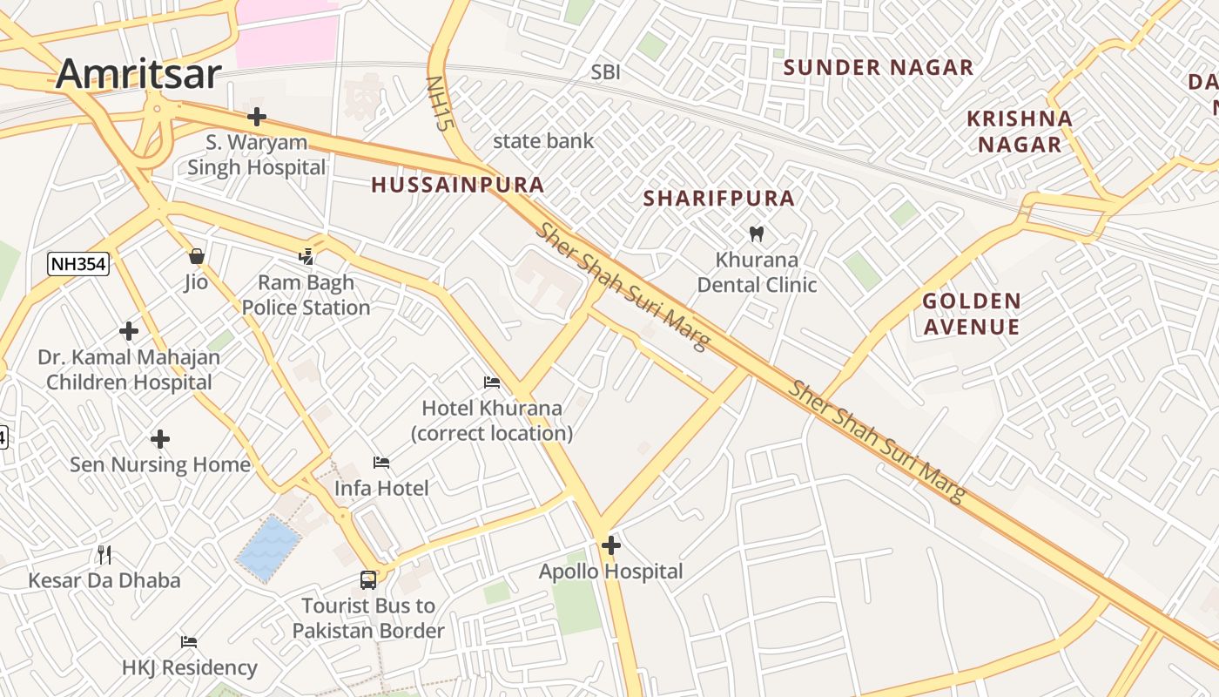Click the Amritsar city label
click(x=138, y=74)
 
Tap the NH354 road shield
click(x=78, y=264)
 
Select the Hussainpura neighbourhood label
click(x=457, y=185)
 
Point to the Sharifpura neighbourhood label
click(x=718, y=199)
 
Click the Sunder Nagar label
click(x=878, y=68)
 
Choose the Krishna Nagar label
click(x=1019, y=132)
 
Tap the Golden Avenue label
click(x=971, y=314)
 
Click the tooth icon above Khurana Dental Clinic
click(x=756, y=233)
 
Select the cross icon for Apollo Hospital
click(x=611, y=545)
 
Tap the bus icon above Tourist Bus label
click(x=368, y=579)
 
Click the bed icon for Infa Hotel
click(x=381, y=462)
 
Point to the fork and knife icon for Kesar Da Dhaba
click(x=104, y=554)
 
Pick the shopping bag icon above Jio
click(x=197, y=256)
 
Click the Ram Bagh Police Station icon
click(x=306, y=256)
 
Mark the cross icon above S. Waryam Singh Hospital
click(x=256, y=116)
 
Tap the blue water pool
click(x=269, y=547)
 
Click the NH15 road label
click(x=440, y=103)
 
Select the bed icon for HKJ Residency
click(x=189, y=642)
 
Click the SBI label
click(x=606, y=72)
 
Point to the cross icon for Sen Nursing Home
click(x=160, y=439)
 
